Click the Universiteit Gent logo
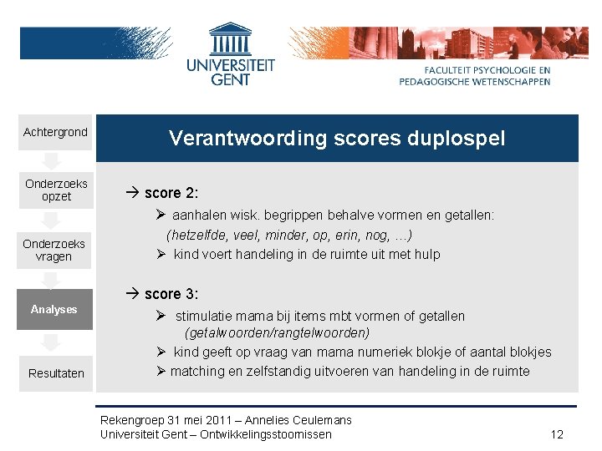click(x=230, y=55)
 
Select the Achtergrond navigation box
click(x=55, y=133)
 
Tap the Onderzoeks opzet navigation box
click(x=56, y=190)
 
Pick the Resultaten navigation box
click(x=56, y=373)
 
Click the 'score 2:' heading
click(x=171, y=193)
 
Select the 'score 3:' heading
click(x=171, y=294)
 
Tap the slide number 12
click(x=558, y=434)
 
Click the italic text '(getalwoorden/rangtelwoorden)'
click(x=278, y=332)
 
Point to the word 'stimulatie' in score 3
click(x=205, y=316)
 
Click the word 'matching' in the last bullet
click(x=197, y=371)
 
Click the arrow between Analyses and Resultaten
click(x=51, y=342)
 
